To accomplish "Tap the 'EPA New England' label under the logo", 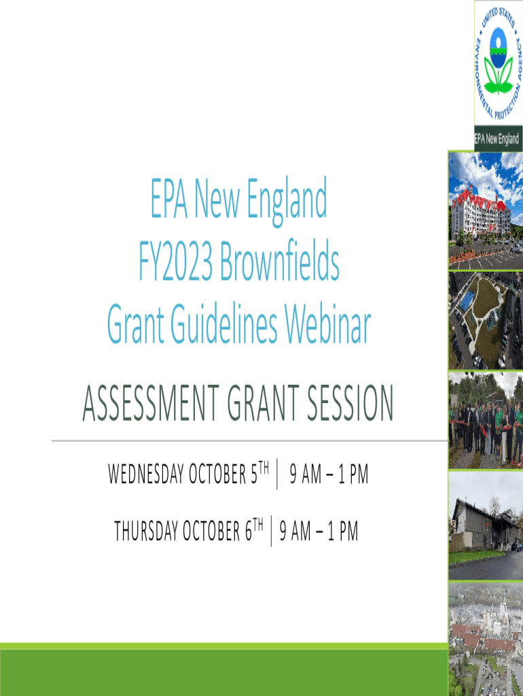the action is [497, 139].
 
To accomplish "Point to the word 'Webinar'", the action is [327, 324].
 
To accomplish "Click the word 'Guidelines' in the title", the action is [224, 324].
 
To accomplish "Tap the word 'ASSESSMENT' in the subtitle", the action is [151, 403].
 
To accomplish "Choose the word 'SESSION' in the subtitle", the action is [350, 403].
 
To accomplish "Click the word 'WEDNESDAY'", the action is [145, 474].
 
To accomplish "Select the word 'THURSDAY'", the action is [145, 531].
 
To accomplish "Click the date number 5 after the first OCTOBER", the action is [254, 474].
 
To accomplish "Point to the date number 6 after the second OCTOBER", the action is [249, 532].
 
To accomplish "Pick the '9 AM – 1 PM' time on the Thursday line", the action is [319, 531].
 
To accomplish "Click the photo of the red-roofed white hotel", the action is [486, 211].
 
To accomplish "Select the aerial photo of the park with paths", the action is [486, 321].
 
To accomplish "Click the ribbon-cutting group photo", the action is [486, 420].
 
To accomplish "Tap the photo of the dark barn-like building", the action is [486, 525].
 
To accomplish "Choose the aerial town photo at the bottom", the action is [486, 639].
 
